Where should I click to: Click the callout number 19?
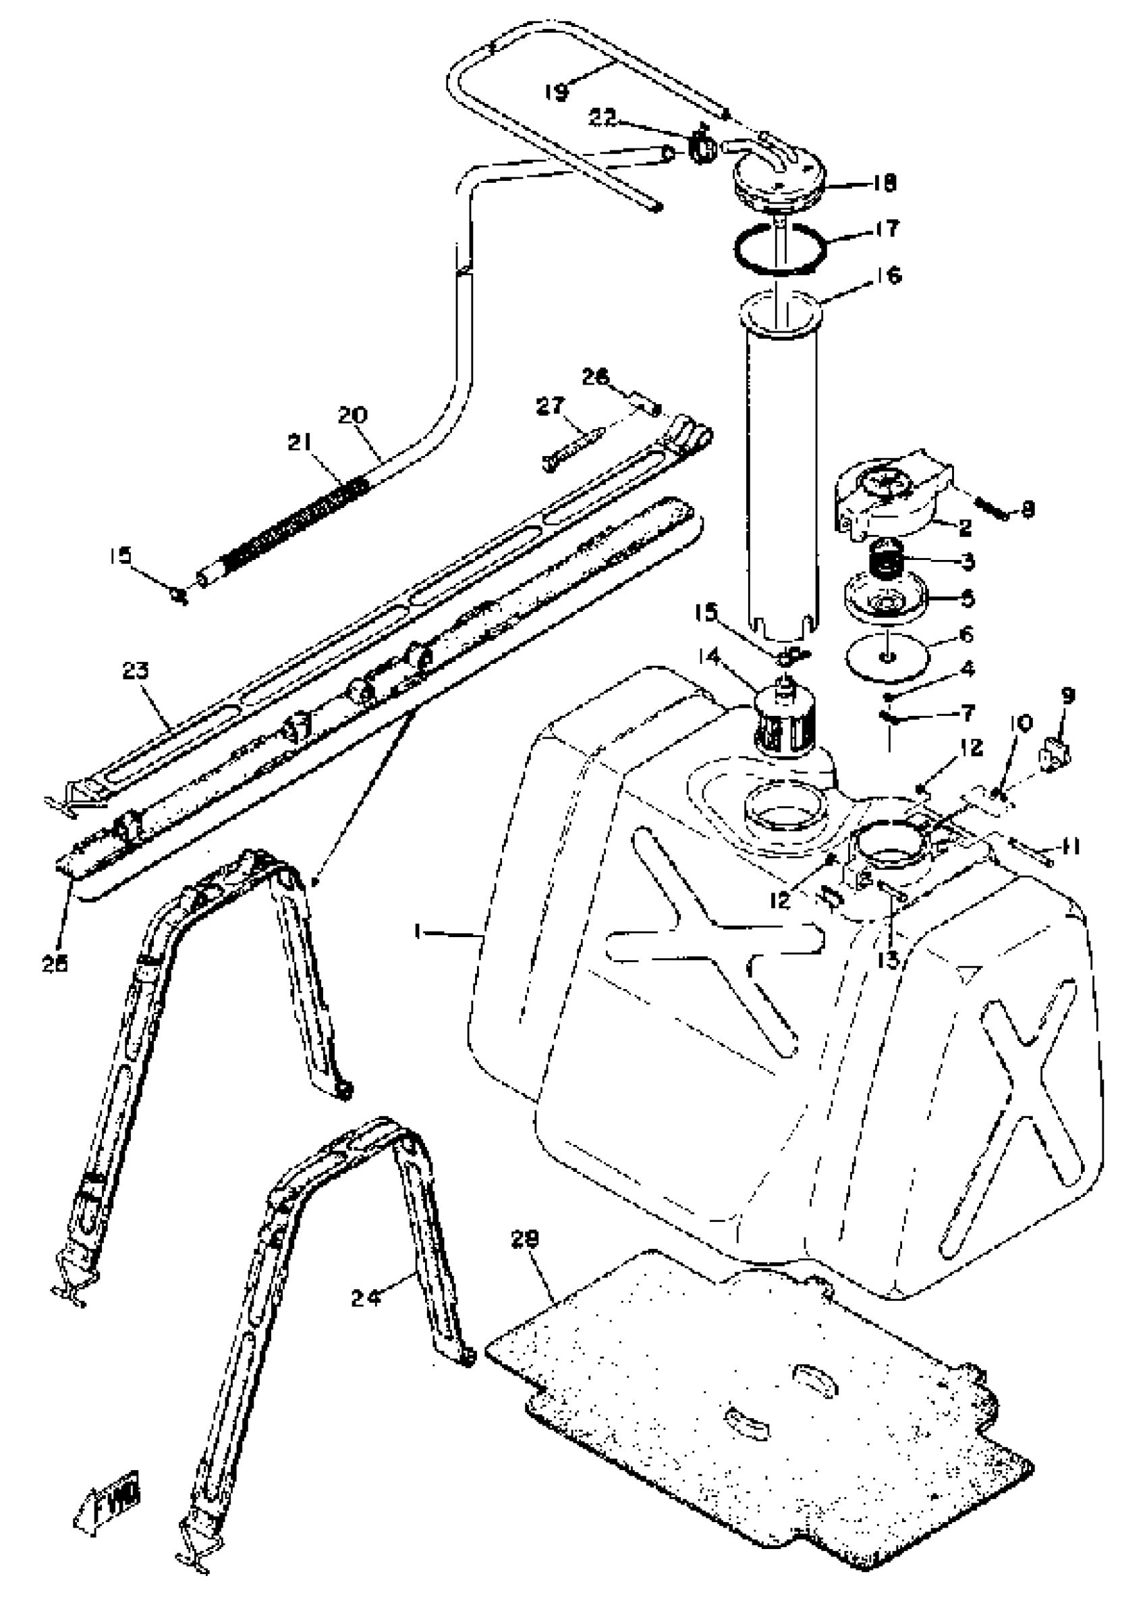[x=557, y=92]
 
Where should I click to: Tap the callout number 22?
[x=603, y=117]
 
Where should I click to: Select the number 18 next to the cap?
[x=883, y=183]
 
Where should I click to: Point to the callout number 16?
[x=889, y=275]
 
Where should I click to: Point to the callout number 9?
[x=1067, y=696]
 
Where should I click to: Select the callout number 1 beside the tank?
[x=418, y=933]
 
